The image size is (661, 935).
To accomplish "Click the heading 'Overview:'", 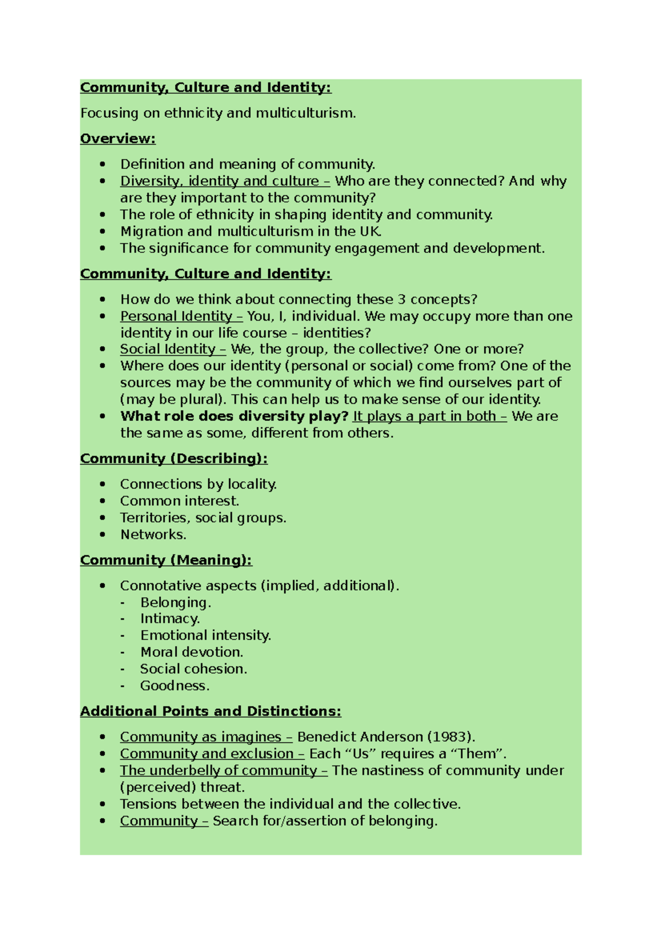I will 118,139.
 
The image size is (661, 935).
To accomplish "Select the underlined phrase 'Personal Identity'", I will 176,316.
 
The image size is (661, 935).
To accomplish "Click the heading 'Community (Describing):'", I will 174,459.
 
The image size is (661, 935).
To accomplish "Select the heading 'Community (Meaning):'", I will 166,560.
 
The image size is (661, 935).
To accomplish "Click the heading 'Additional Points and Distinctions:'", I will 210,711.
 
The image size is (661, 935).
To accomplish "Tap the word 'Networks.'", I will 153,535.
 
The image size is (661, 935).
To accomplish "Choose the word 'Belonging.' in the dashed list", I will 175,602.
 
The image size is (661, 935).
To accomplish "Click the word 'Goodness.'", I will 175,686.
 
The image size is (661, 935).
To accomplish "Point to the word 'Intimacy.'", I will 170,619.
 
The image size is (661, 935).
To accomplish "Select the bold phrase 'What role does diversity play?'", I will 234,416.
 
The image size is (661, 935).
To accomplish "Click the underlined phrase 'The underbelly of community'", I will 218,770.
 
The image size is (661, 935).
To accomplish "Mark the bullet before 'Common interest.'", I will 102,501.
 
